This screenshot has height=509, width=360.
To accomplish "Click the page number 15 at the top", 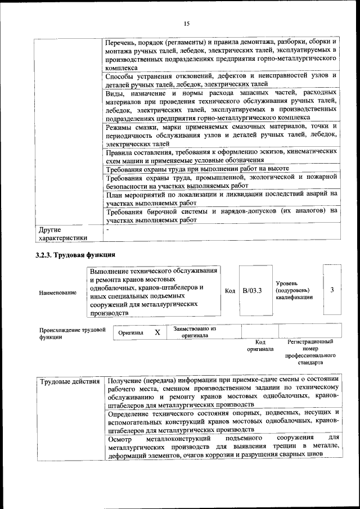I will click(x=187, y=23).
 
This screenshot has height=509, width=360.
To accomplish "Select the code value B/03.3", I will click(x=253, y=290).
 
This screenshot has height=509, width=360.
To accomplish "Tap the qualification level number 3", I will click(x=332, y=290).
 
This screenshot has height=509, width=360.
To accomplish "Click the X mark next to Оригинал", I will click(x=157, y=332).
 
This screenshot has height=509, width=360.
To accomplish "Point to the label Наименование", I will click(x=58, y=293).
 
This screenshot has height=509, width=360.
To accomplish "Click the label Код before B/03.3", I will click(x=229, y=290).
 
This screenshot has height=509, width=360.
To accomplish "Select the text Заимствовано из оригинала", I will click(x=195, y=332).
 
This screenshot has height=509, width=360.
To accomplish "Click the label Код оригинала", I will click(x=260, y=345).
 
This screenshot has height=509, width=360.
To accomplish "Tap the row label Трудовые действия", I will click(x=70, y=382).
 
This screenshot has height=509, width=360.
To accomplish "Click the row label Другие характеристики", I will click(x=62, y=233).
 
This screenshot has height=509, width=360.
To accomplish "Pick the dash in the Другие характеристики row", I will click(x=107, y=229).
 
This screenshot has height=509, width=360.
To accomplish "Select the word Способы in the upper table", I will click(x=121, y=75).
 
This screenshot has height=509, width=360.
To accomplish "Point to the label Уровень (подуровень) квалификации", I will click(x=294, y=290).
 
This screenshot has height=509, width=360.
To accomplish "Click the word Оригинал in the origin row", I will click(x=131, y=333).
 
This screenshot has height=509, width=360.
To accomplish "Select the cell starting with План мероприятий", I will click(x=221, y=197).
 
